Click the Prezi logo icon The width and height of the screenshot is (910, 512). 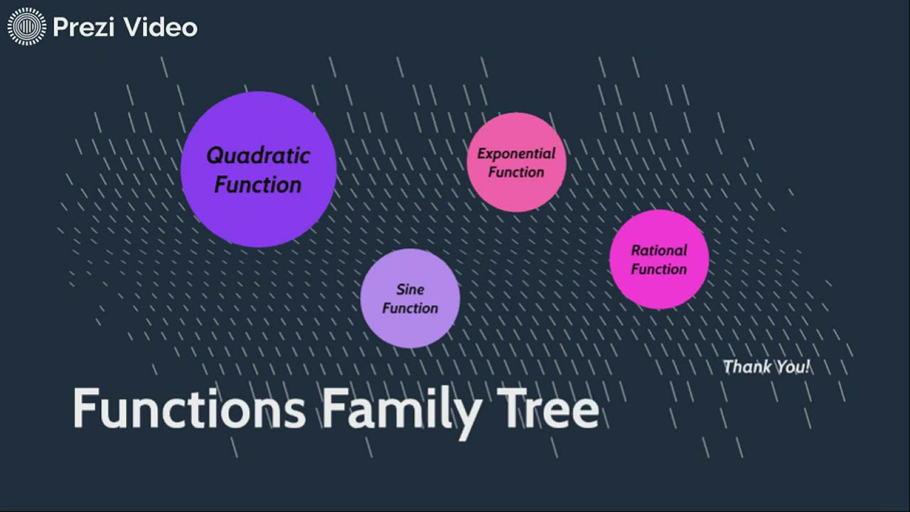[26, 27]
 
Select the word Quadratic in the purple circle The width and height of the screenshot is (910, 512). [258, 155]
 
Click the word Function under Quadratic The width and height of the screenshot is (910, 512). [258, 185]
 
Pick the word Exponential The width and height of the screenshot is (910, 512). [516, 154]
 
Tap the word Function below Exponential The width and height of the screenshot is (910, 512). [516, 172]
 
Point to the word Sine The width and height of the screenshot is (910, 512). [410, 289]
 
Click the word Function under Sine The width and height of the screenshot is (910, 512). [410, 308]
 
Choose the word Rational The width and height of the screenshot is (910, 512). [659, 250]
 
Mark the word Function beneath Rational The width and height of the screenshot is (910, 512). [659, 269]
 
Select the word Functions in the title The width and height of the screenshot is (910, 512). [189, 410]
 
